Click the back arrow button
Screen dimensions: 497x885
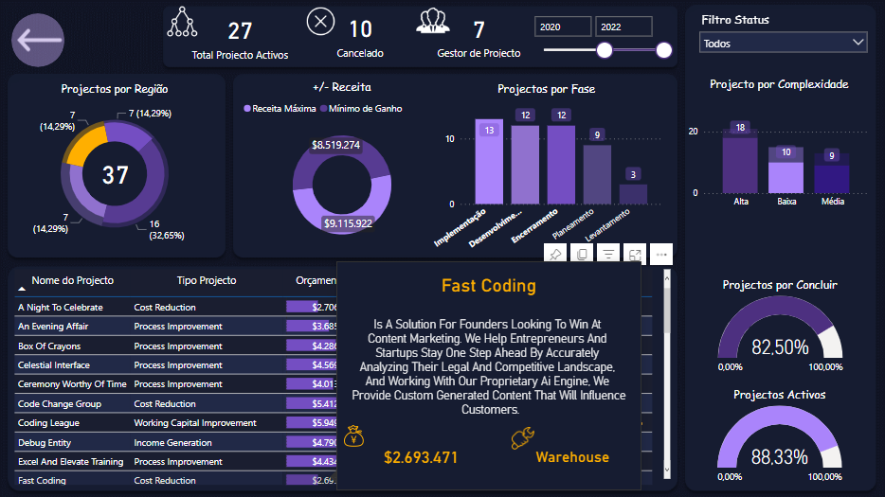click(38, 41)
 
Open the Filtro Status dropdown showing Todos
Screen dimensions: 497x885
click(783, 43)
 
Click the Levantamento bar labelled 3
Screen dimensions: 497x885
click(633, 193)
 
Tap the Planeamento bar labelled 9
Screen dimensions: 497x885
click(597, 173)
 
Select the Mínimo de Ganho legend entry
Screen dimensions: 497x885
click(365, 109)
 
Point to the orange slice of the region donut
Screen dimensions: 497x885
click(86, 143)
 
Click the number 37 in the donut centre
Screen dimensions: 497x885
click(115, 175)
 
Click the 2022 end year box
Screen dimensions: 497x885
click(623, 27)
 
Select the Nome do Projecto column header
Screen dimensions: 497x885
click(72, 280)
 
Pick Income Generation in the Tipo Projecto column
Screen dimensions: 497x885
click(173, 442)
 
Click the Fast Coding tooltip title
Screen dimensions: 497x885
click(488, 286)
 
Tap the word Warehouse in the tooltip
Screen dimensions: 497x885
click(572, 457)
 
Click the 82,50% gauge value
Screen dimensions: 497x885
click(780, 346)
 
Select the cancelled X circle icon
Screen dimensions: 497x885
click(320, 21)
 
